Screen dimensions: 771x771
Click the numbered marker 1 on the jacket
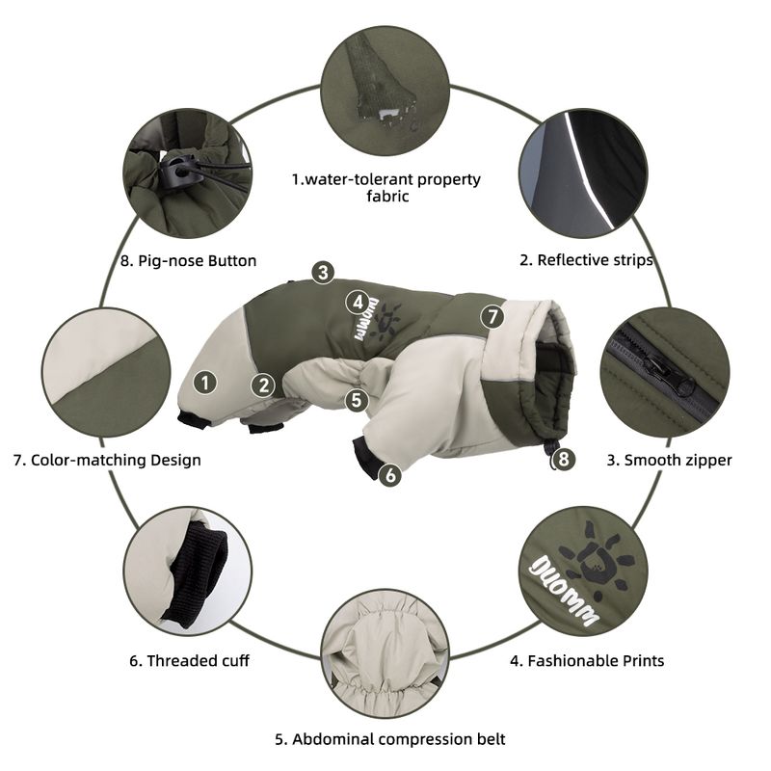(205, 383)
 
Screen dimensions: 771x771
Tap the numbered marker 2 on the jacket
(263, 385)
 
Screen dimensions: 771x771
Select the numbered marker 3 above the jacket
(323, 272)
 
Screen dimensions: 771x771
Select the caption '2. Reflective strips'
(586, 259)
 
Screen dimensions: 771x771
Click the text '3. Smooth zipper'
(669, 460)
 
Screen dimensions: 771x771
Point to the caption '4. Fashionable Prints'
(587, 660)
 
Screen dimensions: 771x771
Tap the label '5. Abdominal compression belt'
(390, 739)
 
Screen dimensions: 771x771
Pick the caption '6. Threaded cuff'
(189, 660)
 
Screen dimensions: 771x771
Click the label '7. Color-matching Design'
(107, 460)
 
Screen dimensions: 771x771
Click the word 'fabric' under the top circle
(387, 197)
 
